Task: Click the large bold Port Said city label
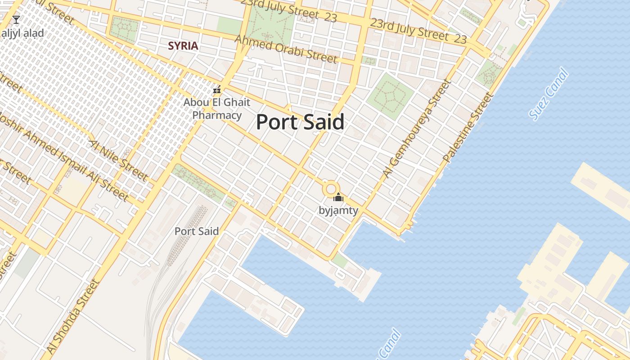(x=300, y=122)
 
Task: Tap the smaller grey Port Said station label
(x=197, y=231)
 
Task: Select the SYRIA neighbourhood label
(x=183, y=46)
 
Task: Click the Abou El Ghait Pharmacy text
(x=217, y=109)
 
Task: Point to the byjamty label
(x=338, y=210)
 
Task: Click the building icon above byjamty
(x=338, y=197)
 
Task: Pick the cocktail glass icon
(x=16, y=19)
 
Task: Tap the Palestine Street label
(x=468, y=127)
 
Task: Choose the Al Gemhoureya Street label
(x=417, y=128)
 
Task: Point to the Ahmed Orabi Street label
(x=286, y=49)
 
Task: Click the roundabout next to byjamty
(x=331, y=189)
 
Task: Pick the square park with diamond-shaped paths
(x=390, y=96)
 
